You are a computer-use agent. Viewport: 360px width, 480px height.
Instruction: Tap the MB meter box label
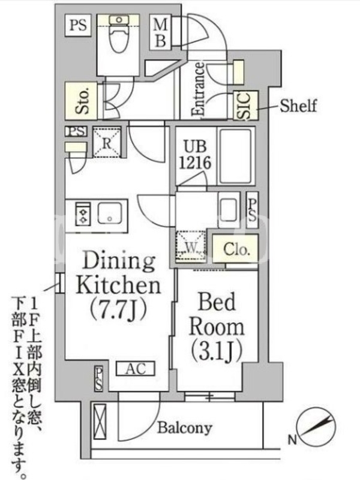tap(160, 32)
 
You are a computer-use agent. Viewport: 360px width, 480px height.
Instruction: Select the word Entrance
tap(199, 89)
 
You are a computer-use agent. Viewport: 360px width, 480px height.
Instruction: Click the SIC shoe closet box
tap(245, 106)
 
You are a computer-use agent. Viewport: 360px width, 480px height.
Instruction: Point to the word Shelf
tap(298, 106)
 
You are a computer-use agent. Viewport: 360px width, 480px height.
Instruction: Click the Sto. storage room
tap(81, 101)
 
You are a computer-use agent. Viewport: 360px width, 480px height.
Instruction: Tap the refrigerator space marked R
tap(107, 143)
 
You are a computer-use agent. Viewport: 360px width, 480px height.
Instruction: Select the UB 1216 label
tap(195, 155)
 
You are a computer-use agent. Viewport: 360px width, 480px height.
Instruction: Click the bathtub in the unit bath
tap(236, 156)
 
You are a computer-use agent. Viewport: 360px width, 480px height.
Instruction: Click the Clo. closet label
tap(236, 249)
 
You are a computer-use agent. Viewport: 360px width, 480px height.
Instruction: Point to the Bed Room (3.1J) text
tap(217, 326)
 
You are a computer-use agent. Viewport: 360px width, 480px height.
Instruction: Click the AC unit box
tap(136, 368)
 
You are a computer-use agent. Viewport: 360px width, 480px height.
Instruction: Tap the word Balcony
tap(185, 428)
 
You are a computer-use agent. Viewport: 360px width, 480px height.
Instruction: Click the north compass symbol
tap(317, 427)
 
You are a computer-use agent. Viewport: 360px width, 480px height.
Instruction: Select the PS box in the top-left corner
tap(78, 25)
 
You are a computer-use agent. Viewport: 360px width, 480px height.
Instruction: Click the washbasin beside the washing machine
tap(229, 210)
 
